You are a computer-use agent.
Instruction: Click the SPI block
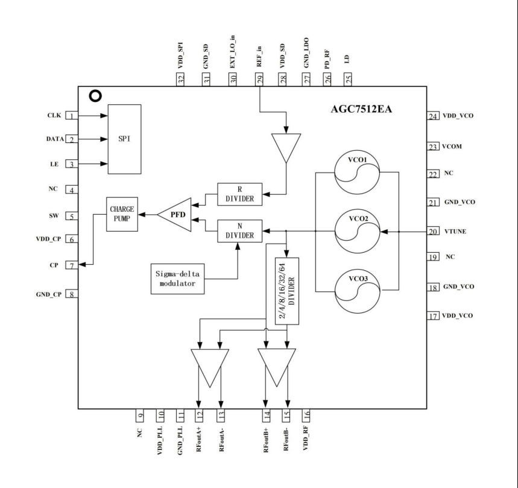124,139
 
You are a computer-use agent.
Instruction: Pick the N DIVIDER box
239,230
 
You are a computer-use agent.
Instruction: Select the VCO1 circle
358,173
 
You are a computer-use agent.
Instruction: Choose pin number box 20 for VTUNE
432,232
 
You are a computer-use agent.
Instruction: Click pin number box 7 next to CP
72,265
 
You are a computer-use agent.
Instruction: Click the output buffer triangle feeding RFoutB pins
277,366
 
